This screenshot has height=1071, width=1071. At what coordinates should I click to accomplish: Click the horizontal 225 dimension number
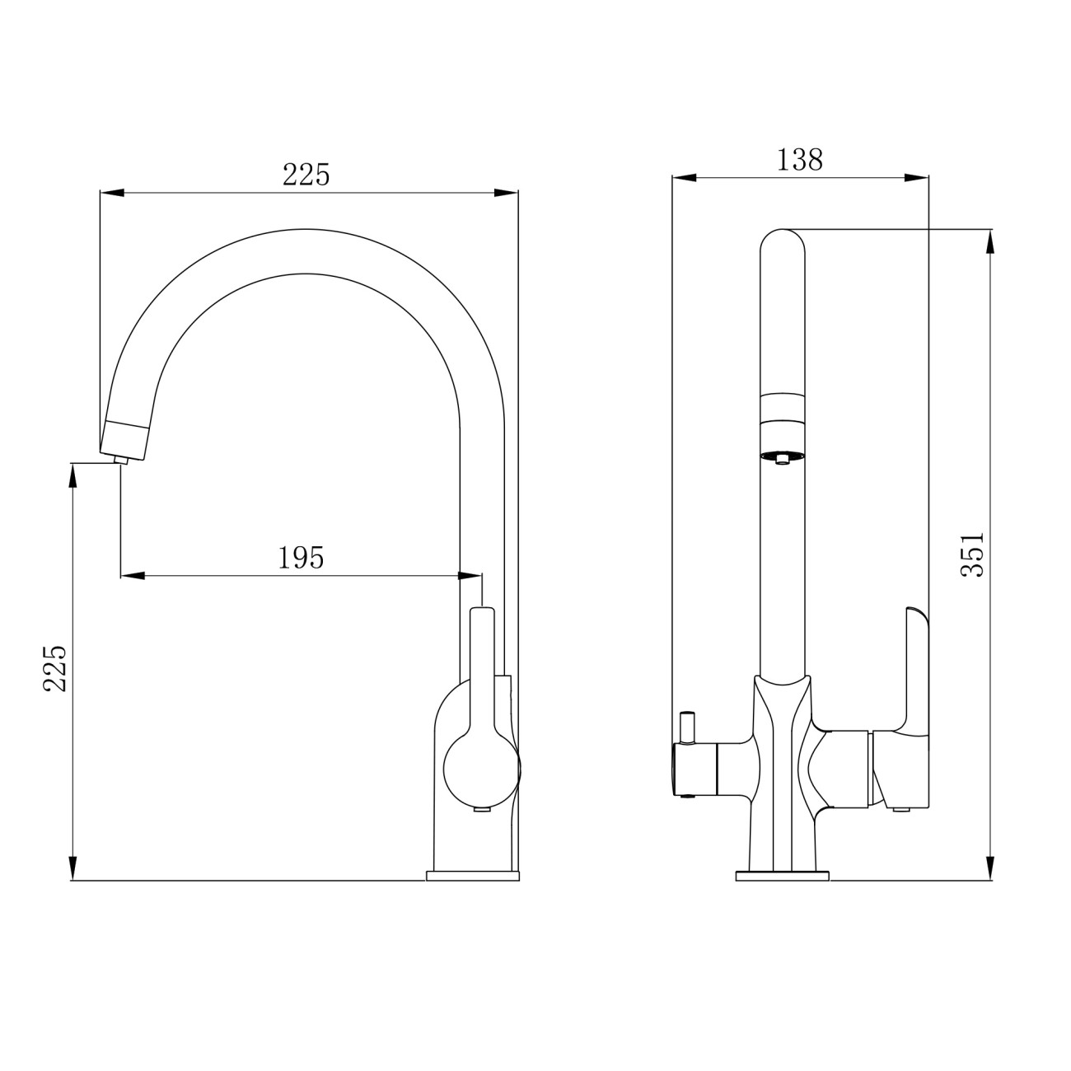[306, 175]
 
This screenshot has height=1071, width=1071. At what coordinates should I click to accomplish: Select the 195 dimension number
[301, 558]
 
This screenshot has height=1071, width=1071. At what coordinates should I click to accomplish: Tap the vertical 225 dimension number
[55, 668]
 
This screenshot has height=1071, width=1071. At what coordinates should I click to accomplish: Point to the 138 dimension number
[799, 160]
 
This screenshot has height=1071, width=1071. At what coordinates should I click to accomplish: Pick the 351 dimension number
[972, 554]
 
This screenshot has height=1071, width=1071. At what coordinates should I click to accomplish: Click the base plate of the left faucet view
[472, 877]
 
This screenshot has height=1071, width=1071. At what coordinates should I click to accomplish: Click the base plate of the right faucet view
[782, 877]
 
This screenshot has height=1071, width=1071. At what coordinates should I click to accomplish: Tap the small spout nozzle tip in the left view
[120, 460]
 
